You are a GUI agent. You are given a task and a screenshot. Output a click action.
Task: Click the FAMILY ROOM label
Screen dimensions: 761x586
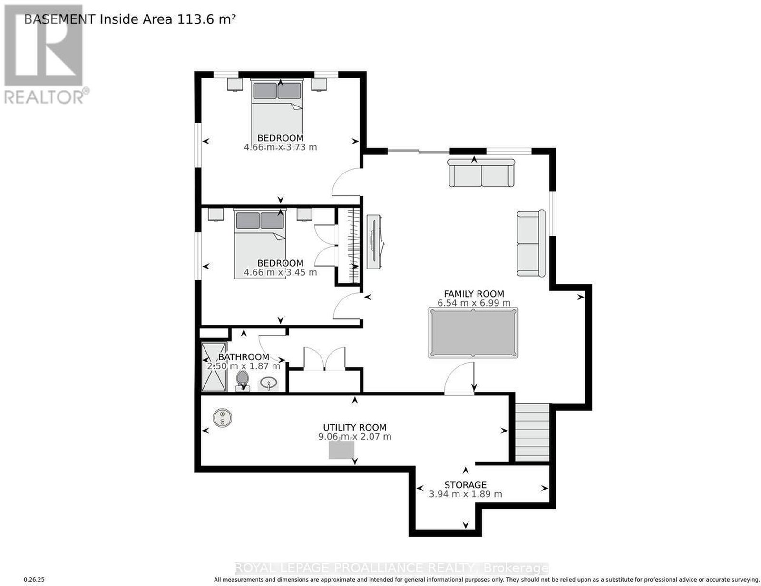pos(473,294)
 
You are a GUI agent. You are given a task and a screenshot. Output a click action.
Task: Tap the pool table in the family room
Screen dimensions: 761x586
pos(473,333)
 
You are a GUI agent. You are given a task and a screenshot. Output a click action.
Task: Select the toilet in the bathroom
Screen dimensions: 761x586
pos(242,381)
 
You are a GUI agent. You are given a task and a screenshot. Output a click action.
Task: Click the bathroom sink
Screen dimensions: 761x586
pos(269,384)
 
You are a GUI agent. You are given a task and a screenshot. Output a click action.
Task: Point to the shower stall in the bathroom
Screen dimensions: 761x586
pos(214,366)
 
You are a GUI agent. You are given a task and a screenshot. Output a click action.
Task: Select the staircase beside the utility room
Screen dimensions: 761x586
pos(532,432)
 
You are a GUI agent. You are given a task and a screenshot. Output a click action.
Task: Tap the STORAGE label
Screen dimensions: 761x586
pos(466,485)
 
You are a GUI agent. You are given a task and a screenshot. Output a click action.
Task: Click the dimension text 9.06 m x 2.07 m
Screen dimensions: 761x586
pos(354,437)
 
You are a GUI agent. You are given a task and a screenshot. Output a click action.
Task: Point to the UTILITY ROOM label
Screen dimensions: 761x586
pos(354,428)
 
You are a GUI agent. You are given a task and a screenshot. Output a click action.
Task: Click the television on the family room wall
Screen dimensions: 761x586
pos(374,242)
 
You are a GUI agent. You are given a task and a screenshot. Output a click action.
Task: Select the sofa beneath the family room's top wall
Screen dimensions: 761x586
pos(481,173)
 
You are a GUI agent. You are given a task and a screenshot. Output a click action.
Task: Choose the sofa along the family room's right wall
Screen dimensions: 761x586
pos(531,243)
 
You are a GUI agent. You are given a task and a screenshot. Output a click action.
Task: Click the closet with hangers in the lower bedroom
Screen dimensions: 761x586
pos(349,245)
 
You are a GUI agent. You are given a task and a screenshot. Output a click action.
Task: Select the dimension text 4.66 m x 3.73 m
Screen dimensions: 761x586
pos(280,147)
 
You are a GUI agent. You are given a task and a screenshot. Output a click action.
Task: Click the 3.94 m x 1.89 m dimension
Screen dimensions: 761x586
pos(466,494)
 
